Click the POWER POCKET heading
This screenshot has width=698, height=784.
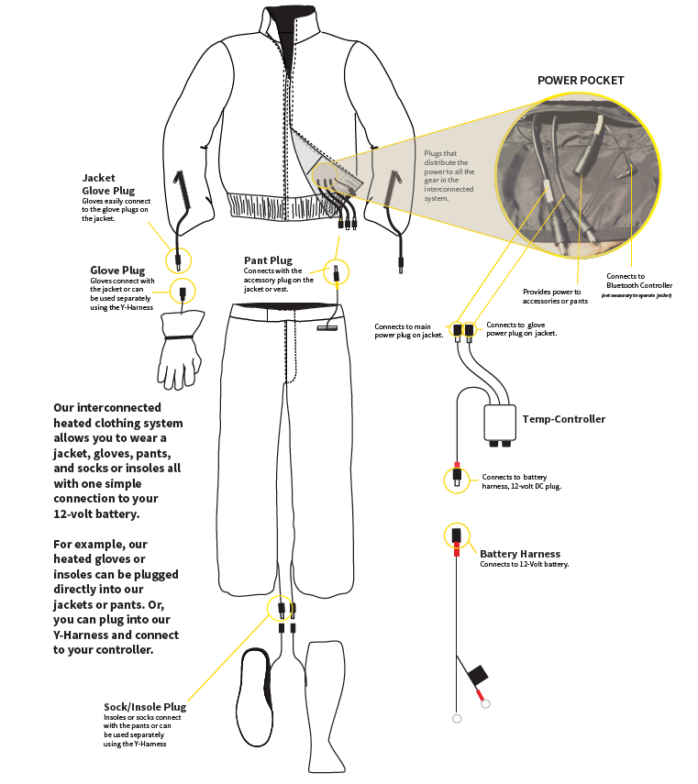580,81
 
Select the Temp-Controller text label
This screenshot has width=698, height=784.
564,419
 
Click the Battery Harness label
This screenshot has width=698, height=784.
519,554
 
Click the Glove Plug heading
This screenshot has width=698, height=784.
117,271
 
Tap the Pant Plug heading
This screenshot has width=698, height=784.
268,260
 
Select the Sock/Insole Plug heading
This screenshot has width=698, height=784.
145,707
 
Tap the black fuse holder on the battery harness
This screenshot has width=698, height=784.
477,676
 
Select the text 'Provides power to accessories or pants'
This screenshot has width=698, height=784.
551,296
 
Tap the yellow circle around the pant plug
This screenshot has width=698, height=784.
337,271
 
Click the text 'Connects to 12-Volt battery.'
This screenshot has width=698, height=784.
524,565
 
